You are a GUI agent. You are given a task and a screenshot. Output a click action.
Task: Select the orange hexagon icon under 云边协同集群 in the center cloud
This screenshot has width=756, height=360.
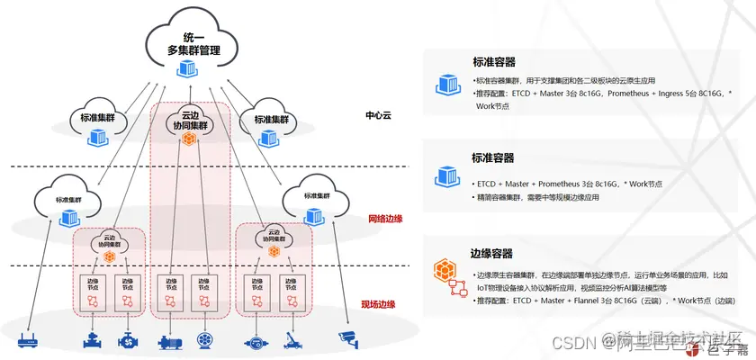coord(189,139)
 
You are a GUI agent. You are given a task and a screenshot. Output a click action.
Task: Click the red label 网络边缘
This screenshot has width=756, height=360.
coord(385,219)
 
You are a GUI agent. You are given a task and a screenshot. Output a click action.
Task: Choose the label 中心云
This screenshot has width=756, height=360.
coord(379,116)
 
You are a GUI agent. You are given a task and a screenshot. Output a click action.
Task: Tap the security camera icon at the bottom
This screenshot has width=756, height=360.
coord(347,338)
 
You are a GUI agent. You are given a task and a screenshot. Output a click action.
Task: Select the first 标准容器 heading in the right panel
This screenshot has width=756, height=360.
coord(493,63)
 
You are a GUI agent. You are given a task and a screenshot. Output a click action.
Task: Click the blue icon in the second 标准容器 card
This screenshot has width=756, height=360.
coord(447,175)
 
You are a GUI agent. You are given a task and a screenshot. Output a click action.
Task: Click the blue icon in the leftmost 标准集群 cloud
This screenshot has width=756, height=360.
coord(68,217)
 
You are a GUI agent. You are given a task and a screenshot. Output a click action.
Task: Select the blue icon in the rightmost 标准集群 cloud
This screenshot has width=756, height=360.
coord(314,217)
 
